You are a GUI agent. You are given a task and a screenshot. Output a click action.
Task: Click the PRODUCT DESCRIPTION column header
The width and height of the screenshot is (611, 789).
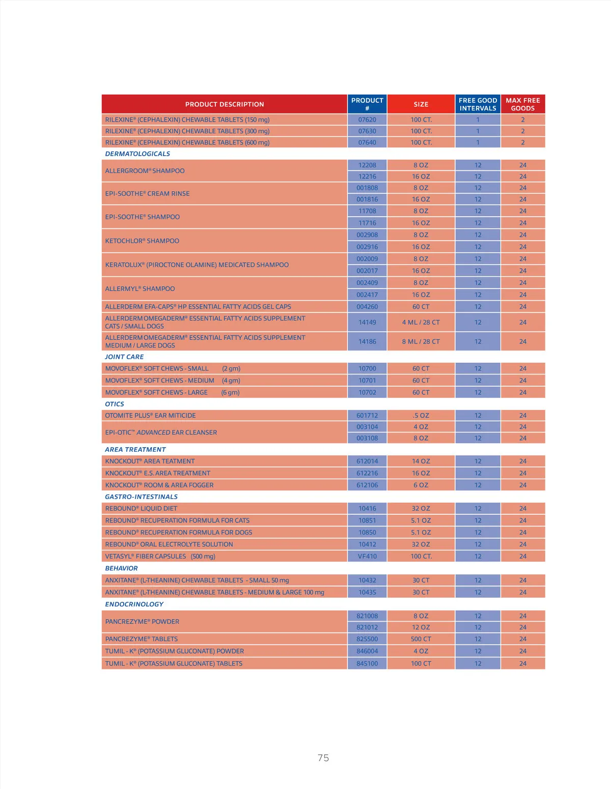coord(225,104)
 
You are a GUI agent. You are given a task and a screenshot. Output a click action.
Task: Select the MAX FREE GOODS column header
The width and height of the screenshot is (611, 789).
coord(522,104)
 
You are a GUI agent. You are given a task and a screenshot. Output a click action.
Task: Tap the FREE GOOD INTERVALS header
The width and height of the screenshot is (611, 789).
coord(478,104)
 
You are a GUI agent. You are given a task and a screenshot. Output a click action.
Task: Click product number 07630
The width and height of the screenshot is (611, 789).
coord(367,131)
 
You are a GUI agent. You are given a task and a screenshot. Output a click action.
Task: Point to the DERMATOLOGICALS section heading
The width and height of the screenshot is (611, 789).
coord(137,154)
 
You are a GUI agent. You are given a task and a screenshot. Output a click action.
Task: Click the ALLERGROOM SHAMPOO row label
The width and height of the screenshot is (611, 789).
coord(145,171)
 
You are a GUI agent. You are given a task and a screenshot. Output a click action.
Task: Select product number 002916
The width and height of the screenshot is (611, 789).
coord(367,247)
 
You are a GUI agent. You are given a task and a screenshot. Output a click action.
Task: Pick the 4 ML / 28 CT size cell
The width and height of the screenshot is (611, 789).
coord(421,323)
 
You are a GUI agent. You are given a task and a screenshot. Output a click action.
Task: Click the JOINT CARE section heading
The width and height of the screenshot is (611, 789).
coord(124,357)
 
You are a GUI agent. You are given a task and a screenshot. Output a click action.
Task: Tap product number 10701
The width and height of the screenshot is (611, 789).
coord(367,381)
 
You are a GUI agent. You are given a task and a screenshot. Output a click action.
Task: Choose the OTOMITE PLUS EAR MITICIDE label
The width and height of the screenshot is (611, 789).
coord(150,416)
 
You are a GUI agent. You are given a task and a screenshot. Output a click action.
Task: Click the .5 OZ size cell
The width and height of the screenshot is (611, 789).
coord(421,416)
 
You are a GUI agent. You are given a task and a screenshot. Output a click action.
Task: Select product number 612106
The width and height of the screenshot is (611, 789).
coord(367,485)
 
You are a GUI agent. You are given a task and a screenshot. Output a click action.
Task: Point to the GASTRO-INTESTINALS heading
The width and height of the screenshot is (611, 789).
coord(141,497)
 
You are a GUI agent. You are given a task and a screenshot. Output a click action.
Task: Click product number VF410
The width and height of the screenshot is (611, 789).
coord(367,557)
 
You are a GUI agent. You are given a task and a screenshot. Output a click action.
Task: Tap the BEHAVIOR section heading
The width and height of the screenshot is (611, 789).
coord(121,569)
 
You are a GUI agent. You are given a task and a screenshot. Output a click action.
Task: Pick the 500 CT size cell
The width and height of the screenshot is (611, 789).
coord(421,639)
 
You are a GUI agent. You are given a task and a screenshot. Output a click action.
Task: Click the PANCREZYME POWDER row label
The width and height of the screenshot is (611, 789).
coord(142,622)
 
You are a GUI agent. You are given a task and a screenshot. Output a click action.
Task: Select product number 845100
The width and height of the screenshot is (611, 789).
coord(367,663)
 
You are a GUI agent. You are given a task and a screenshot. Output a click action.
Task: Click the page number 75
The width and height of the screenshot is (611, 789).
coord(323,758)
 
